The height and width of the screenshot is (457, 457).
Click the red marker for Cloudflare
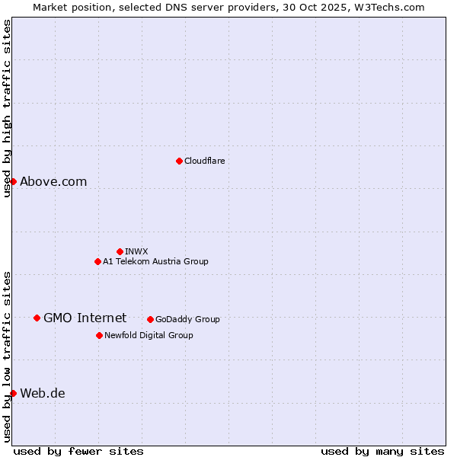click(x=179, y=161)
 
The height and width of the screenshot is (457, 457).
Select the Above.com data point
click(x=13, y=181)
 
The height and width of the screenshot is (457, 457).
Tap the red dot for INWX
click(x=120, y=251)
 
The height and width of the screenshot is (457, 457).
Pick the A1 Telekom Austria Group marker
click(x=97, y=261)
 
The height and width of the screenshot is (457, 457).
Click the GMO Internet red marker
click(x=37, y=318)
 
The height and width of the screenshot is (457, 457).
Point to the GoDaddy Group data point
click(x=150, y=319)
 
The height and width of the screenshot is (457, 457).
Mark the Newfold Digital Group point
click(x=99, y=335)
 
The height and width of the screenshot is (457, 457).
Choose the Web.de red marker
click(x=13, y=393)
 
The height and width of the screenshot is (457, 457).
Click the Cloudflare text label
click(x=204, y=161)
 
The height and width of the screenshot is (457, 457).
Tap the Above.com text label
click(x=53, y=181)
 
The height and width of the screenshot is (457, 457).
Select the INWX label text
click(x=136, y=251)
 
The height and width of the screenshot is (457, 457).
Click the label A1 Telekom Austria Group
click(x=155, y=261)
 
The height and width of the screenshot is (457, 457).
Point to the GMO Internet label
click(x=85, y=318)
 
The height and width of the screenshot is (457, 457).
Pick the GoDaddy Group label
click(x=187, y=319)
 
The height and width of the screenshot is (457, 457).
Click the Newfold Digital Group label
click(x=149, y=335)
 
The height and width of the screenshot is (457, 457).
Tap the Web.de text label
click(x=43, y=393)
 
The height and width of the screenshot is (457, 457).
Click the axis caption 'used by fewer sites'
click(x=78, y=451)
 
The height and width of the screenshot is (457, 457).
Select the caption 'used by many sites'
click(x=382, y=451)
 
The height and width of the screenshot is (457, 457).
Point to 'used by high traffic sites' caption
click(x=7, y=108)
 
